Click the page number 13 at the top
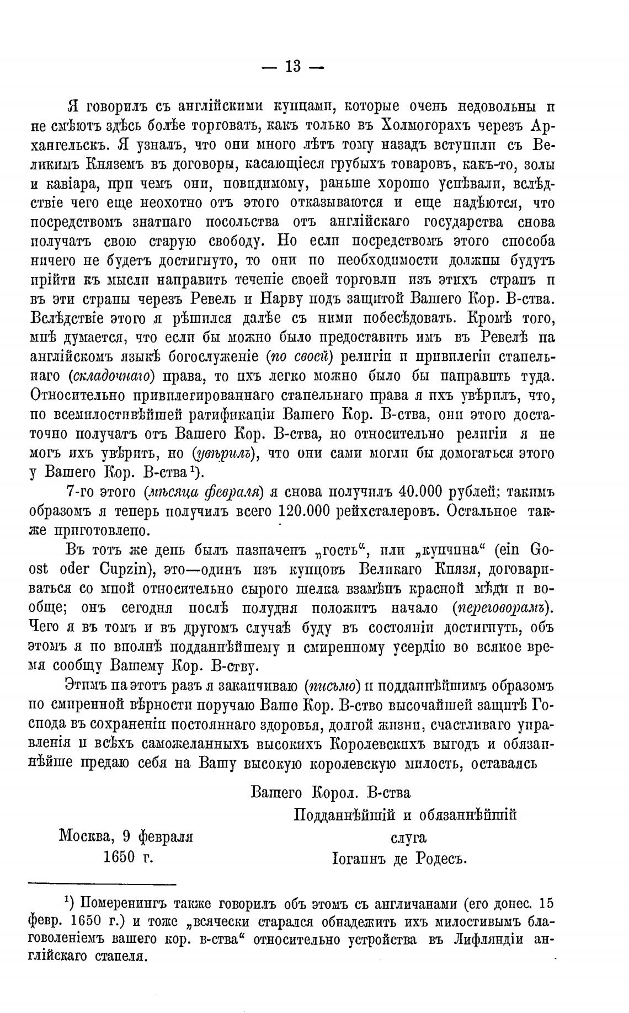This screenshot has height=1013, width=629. (x=293, y=67)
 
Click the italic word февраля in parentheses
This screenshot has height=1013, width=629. (x=233, y=491)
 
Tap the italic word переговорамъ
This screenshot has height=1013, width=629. (x=503, y=608)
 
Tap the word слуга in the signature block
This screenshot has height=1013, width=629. (x=408, y=837)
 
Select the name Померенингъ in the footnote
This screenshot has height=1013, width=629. (x=124, y=904)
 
